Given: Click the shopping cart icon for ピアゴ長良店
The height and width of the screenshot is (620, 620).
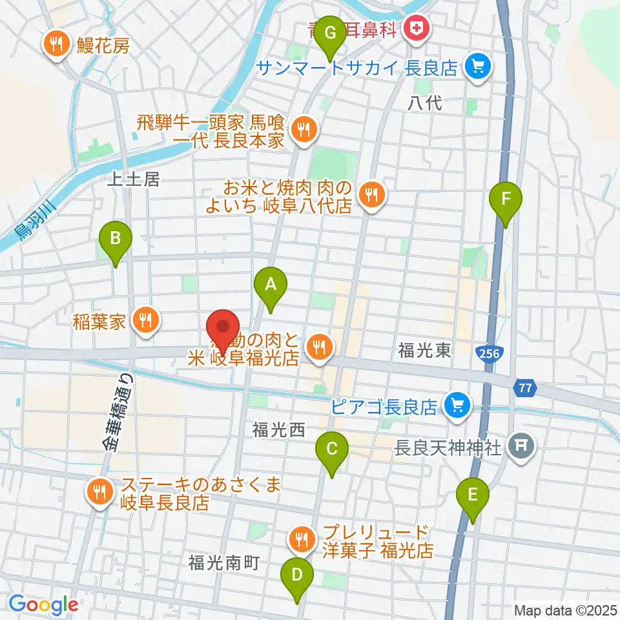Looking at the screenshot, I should (x=458, y=406).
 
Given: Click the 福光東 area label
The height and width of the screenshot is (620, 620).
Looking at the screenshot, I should (x=424, y=351).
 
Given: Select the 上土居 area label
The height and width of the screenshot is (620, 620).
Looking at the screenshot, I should (x=132, y=180).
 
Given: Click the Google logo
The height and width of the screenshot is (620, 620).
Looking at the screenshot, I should (x=43, y=604).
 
